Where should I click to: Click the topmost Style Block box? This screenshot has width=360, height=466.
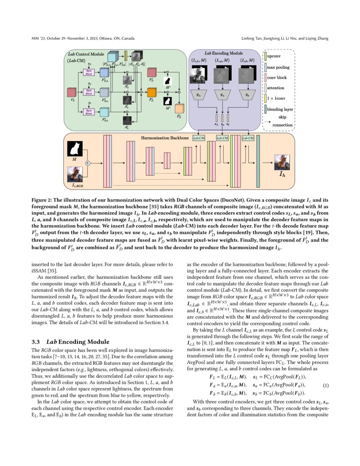coord(89,72)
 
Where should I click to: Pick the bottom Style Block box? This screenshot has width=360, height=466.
coord(89,112)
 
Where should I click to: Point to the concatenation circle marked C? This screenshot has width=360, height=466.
coord(88,163)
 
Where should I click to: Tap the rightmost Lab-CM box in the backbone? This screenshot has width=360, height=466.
coord(248,138)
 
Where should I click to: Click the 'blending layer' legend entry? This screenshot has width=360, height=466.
coord(280,109)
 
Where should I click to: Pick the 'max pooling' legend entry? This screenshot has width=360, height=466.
coord(277,67)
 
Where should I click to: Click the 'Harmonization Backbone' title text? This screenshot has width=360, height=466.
coord(165,138)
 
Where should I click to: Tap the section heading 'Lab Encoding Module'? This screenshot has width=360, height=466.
coord(70,342)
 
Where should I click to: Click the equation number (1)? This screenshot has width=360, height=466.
coord(326,385)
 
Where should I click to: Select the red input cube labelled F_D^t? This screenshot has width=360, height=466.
coord(71,92)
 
